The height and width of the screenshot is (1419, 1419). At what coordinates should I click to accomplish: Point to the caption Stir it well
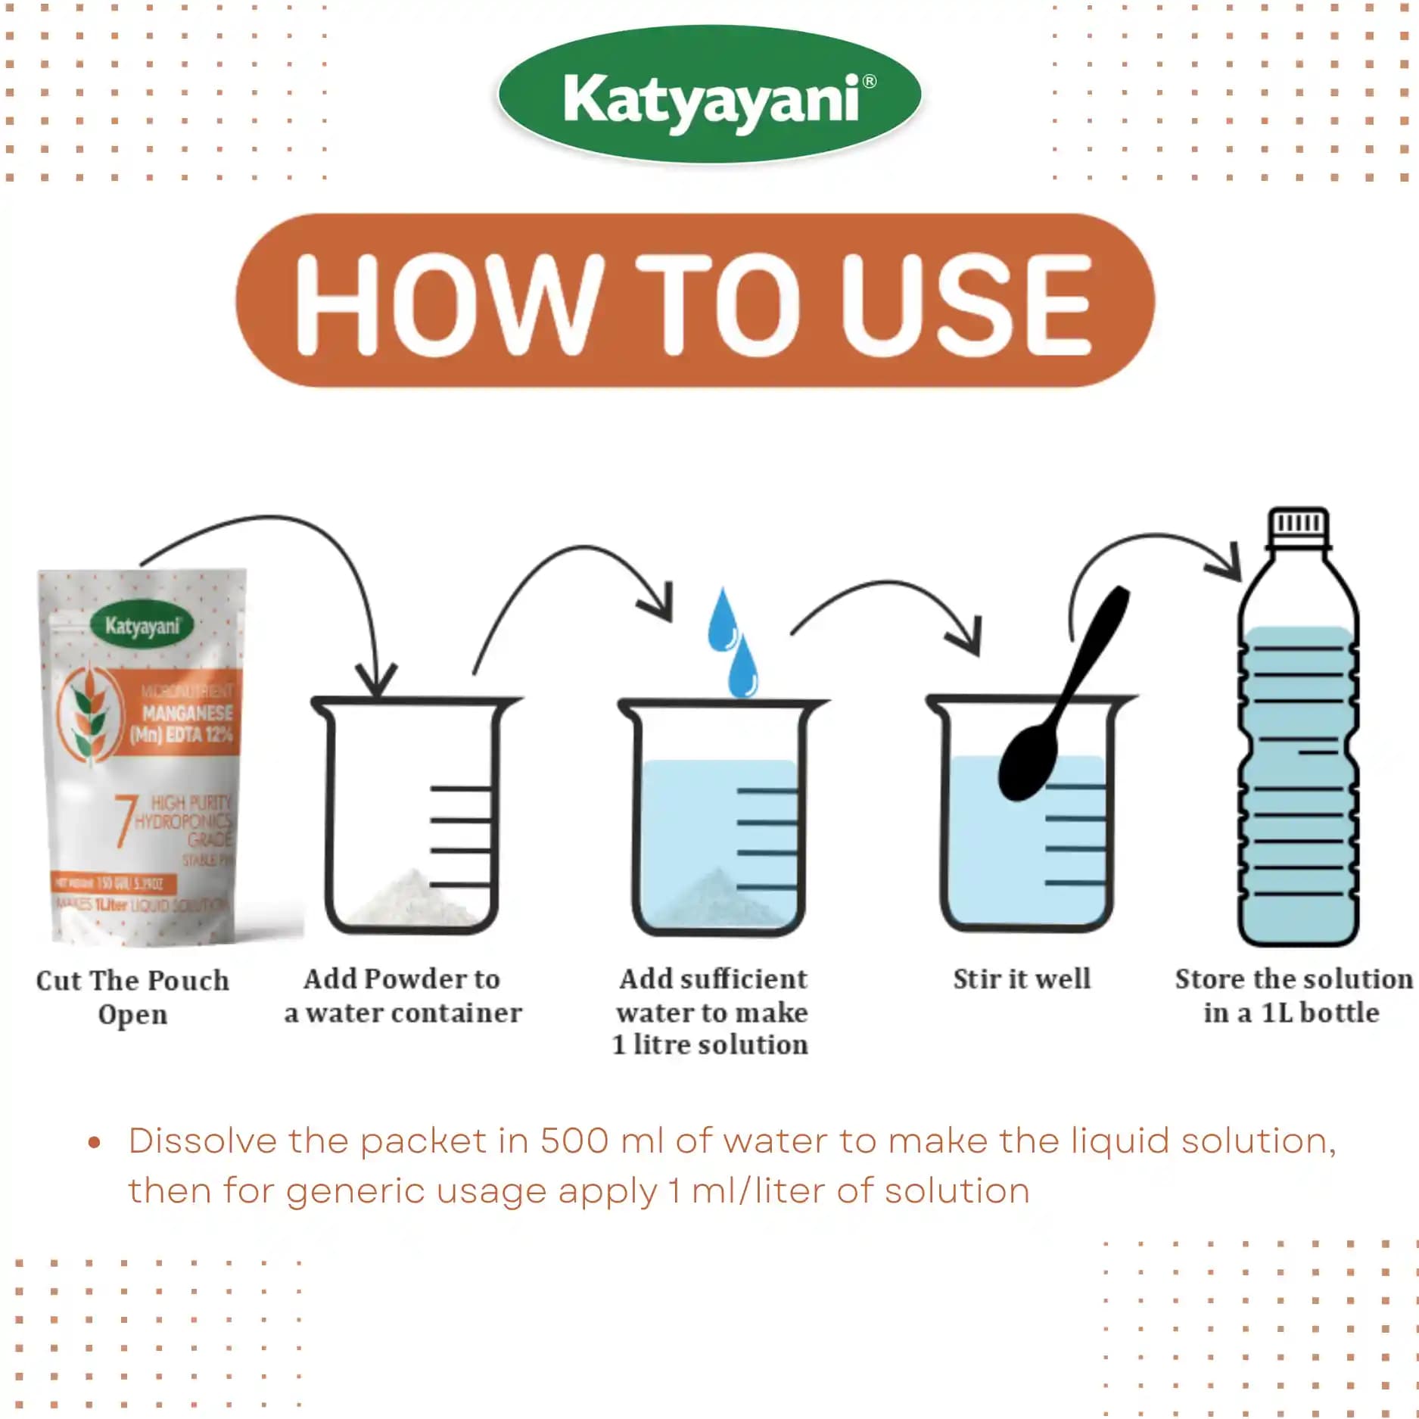click(1022, 979)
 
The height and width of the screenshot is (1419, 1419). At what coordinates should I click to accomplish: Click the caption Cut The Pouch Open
click(132, 997)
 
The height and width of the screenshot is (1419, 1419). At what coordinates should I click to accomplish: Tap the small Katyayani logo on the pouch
click(142, 626)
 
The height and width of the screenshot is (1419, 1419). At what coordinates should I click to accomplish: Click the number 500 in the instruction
click(574, 1140)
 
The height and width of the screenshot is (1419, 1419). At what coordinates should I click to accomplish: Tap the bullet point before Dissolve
click(95, 1142)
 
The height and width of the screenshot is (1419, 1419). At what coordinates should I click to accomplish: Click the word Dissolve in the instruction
click(202, 1140)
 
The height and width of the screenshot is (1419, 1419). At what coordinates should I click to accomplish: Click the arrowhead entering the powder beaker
click(376, 681)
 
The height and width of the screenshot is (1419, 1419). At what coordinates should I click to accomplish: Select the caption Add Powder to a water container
click(403, 995)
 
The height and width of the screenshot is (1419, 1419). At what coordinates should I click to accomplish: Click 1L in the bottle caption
click(1277, 1013)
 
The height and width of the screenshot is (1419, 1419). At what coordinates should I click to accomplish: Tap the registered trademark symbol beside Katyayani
click(870, 81)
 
